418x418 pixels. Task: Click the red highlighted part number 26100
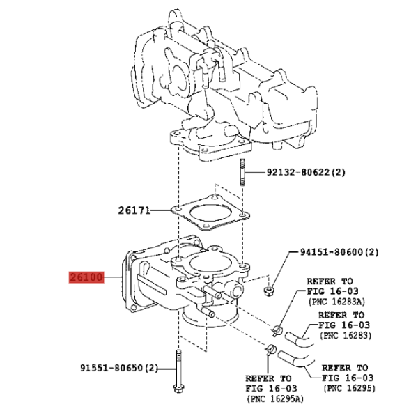[x=86, y=277]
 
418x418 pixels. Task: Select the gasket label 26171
[x=134, y=210]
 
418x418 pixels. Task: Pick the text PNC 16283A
[x=337, y=302]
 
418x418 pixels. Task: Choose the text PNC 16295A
[x=275, y=398]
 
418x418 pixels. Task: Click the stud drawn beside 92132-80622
[x=242, y=173]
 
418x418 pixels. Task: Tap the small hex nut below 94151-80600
[x=268, y=291]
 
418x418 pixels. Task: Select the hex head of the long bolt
[x=179, y=388]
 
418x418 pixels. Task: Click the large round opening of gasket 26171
[x=210, y=213]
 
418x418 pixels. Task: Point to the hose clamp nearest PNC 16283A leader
[x=276, y=330]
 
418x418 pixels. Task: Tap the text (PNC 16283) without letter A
[x=346, y=335]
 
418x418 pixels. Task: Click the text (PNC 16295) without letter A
[x=350, y=388]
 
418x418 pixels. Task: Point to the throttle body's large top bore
[x=210, y=263]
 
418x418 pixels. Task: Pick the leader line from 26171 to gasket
[x=161, y=210]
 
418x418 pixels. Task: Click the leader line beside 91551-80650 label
[x=167, y=369]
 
